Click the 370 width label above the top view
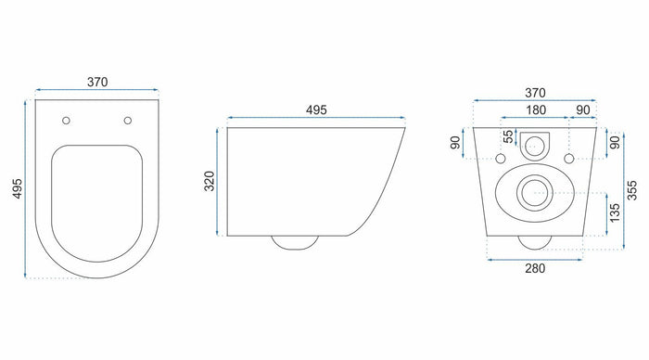(x=97, y=82)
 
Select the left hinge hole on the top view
(x=67, y=120)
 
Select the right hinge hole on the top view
(x=127, y=120)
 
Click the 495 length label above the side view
(x=314, y=109)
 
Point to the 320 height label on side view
(x=210, y=180)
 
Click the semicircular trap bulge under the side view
(x=295, y=243)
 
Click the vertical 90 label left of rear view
(x=454, y=145)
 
